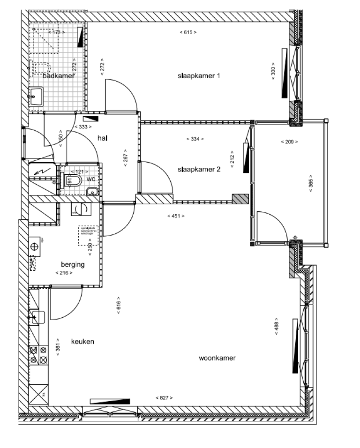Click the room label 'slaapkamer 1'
pyautogui.click(x=199, y=76)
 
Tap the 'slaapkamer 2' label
pyautogui.click(x=199, y=170)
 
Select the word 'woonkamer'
pyautogui.click(x=217, y=358)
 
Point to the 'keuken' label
pyautogui.click(x=82, y=342)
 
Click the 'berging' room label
pyautogui.click(x=73, y=264)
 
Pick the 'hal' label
pyautogui.click(x=103, y=138)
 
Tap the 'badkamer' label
pyautogui.click(x=59, y=76)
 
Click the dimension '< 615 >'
pyautogui.click(x=188, y=32)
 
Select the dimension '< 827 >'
pyautogui.click(x=164, y=397)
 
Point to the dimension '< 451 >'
pyautogui.click(x=176, y=216)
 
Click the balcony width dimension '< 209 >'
pyautogui.click(x=289, y=142)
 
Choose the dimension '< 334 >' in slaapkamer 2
pyautogui.click(x=195, y=139)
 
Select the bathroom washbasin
pyautogui.click(x=36, y=97)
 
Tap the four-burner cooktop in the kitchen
pyautogui.click(x=38, y=355)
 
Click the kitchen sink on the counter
pyautogui.click(x=37, y=317)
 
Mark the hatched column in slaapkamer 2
pyautogui.click(x=240, y=199)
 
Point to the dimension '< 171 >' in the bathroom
pyautogui.click(x=57, y=32)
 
